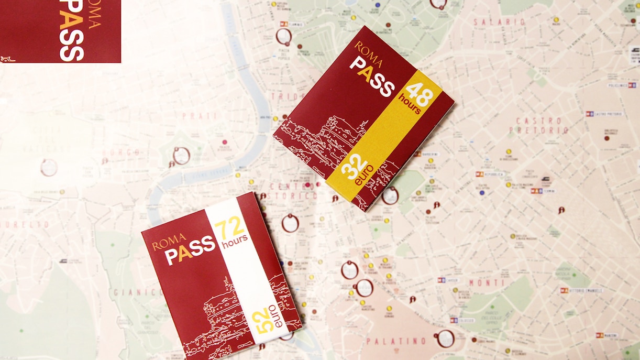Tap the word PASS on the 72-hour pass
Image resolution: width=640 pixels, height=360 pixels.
click(191, 250)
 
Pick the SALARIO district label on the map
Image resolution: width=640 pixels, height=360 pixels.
click(499, 23)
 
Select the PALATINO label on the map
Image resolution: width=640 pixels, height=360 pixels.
click(396, 341)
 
